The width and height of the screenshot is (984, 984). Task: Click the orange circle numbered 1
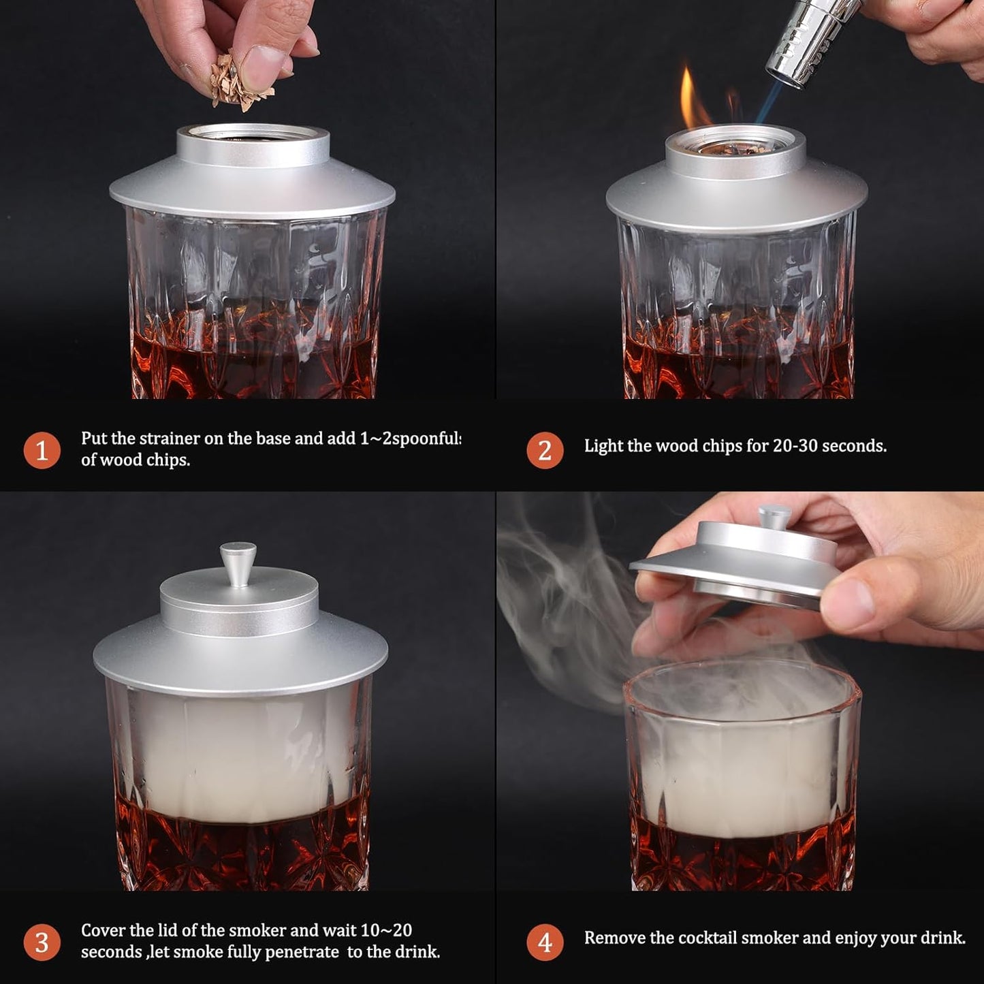(42, 450)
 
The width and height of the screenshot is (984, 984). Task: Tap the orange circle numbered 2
(544, 450)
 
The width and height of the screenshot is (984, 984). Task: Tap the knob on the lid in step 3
(238, 562)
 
